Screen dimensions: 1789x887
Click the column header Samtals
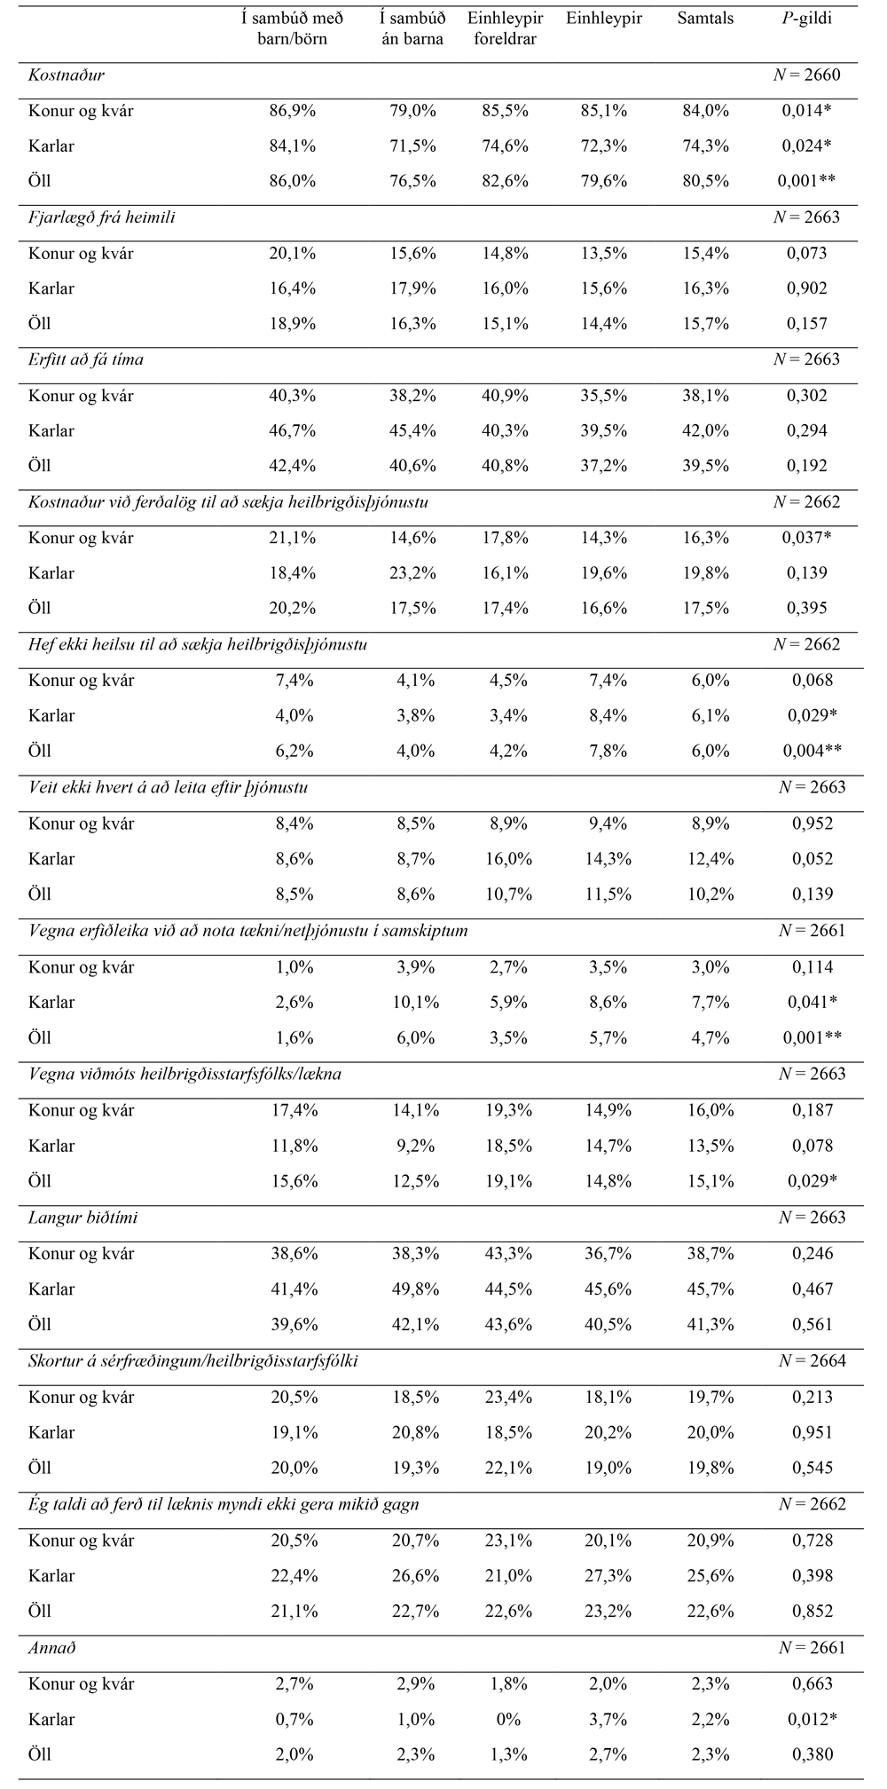coord(706,19)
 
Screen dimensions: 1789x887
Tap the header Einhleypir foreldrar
coord(504,29)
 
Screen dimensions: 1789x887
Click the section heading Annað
coord(52,1648)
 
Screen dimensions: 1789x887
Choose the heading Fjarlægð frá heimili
coord(101,217)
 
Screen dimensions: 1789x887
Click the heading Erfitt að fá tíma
coord(86,359)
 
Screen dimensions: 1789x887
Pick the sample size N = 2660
coord(807,75)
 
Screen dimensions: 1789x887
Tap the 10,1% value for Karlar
coord(413,1002)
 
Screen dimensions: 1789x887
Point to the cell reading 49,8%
coord(413,1289)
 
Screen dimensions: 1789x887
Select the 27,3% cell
coord(608,1576)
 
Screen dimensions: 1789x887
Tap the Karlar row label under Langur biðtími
coord(51,1289)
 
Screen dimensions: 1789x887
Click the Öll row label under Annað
coord(40,1754)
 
